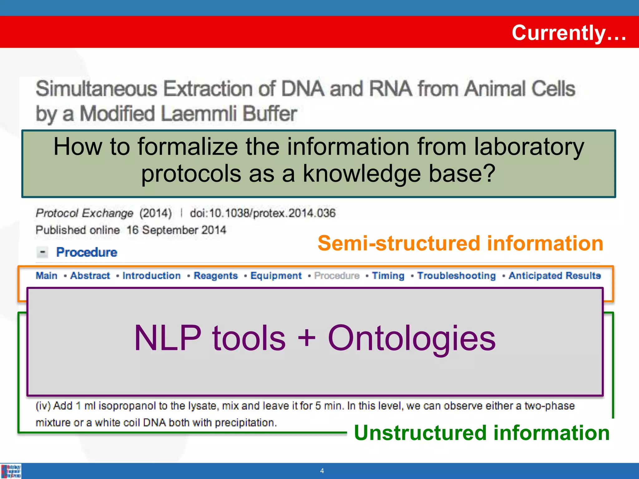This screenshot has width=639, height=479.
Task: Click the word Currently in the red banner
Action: coord(559,33)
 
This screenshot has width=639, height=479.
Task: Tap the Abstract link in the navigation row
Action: coord(90,276)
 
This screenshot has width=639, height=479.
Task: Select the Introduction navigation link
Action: coord(152,276)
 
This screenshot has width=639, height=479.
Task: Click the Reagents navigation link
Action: coord(216,276)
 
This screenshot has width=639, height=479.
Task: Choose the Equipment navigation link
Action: coord(276,276)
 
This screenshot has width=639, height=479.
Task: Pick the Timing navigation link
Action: coord(388,276)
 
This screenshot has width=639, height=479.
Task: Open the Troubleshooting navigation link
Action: coord(456,276)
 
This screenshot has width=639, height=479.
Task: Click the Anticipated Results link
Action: coord(555,276)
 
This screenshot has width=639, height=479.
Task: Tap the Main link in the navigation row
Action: coord(47,276)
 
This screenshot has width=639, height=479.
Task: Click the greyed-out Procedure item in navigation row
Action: coord(337,276)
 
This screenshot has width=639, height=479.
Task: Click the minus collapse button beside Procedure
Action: coord(42,252)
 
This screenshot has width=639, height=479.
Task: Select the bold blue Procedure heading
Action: coord(87,252)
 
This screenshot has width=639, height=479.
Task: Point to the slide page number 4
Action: coord(322,471)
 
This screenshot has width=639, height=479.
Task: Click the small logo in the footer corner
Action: coord(11,471)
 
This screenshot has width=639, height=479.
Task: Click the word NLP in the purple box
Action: coord(168,338)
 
